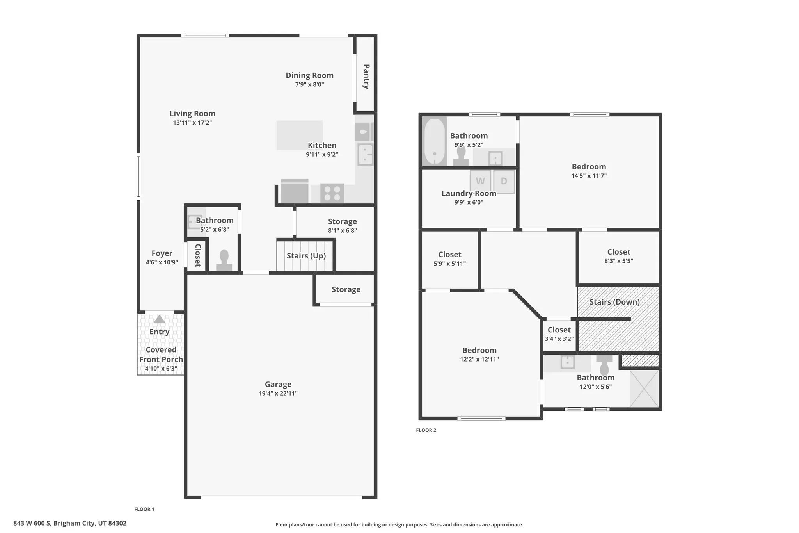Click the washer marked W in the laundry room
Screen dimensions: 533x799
point(480,181)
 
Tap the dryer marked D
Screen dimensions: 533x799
point(504,181)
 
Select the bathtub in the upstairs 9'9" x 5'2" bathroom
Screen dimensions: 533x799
point(434,141)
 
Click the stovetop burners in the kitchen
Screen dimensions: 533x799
point(332,193)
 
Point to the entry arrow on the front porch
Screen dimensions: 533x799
point(159,319)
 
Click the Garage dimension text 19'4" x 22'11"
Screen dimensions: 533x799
point(278,393)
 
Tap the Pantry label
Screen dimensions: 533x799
point(366,77)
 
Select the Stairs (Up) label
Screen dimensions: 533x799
point(306,256)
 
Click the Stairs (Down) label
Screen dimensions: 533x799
point(614,302)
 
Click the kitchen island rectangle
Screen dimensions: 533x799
point(299,135)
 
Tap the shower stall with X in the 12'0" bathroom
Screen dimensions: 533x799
point(644,389)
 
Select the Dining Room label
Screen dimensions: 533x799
point(309,75)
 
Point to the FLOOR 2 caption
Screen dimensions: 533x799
point(426,430)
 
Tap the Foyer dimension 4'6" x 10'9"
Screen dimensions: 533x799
point(162,262)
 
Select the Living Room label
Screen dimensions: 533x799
point(192,114)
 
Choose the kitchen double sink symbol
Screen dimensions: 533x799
point(365,155)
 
